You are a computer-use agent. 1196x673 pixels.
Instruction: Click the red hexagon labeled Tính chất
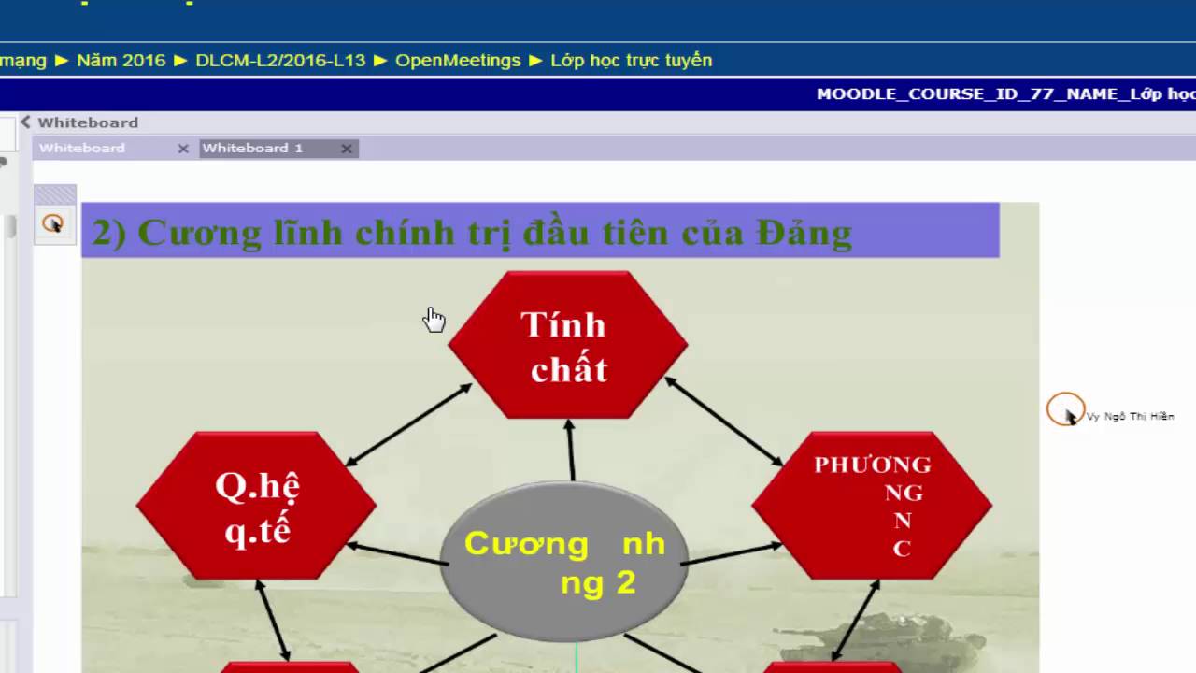pos(567,345)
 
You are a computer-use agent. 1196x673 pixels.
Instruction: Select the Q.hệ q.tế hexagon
pos(256,506)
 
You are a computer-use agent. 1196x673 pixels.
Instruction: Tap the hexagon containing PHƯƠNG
pos(872,506)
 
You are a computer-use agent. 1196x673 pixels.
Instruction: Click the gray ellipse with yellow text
pos(564,561)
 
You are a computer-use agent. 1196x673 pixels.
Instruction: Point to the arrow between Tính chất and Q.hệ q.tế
pos(408,424)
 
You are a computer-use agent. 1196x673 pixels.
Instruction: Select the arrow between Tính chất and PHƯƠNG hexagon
pos(724,422)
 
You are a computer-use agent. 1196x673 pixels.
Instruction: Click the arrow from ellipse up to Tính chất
pos(570,450)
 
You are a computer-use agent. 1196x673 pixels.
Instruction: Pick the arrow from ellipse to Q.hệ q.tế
pos(397,553)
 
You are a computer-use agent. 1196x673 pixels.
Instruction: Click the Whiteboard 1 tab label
pos(252,148)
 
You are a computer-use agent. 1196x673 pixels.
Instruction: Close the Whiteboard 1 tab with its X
pos(347,149)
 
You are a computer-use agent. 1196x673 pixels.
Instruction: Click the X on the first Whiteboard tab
pos(183,149)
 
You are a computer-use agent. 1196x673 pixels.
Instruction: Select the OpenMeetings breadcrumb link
pos(458,60)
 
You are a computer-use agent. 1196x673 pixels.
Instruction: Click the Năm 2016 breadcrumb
pos(121,60)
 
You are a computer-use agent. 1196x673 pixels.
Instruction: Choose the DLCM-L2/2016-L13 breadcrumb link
pos(280,60)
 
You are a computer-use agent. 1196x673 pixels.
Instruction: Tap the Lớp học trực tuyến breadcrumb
pos(631,60)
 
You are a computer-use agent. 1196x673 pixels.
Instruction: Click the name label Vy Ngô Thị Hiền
pos(1130,417)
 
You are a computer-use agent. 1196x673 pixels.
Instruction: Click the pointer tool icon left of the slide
pos(53,224)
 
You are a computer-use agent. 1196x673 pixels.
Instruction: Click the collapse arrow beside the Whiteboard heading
pos(25,122)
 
